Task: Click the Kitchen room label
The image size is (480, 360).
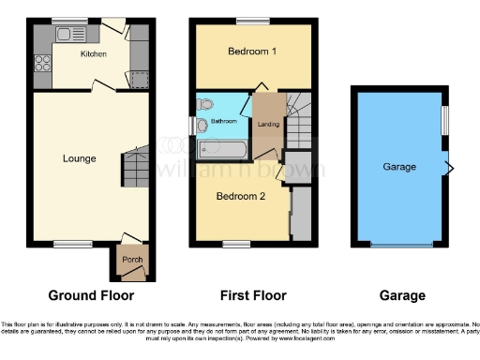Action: pos(94,54)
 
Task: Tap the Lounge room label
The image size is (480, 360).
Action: pos(80,158)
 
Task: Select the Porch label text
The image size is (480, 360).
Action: pos(129,262)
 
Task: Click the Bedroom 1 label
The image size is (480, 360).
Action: pos(252,52)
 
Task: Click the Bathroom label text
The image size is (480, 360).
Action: pos(223,121)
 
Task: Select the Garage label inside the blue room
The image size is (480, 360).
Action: pos(399,167)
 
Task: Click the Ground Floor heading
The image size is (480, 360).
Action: pos(84,296)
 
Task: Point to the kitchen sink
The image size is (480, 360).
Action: pos(67,37)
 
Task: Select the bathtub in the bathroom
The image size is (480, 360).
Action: pos(223,148)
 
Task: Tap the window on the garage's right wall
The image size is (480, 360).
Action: pos(445,120)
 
